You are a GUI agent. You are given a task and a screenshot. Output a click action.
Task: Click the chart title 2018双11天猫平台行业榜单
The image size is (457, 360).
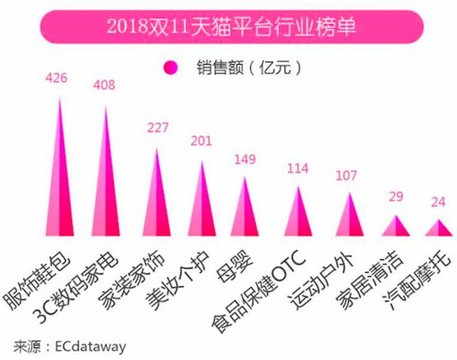(228, 27)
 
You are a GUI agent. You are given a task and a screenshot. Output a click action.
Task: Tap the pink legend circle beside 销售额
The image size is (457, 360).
(171, 66)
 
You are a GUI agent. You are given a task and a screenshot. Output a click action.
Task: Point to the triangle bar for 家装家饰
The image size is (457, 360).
(155, 202)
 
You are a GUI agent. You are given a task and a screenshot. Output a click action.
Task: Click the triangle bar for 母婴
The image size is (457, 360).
(244, 212)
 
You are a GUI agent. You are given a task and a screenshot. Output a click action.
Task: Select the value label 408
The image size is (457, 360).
(106, 85)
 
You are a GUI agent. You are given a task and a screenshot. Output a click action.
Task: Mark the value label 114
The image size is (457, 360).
(297, 168)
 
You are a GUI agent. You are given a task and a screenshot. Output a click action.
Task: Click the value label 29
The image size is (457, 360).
(396, 197)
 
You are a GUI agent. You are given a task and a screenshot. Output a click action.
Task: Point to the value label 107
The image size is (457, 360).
(346, 175)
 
